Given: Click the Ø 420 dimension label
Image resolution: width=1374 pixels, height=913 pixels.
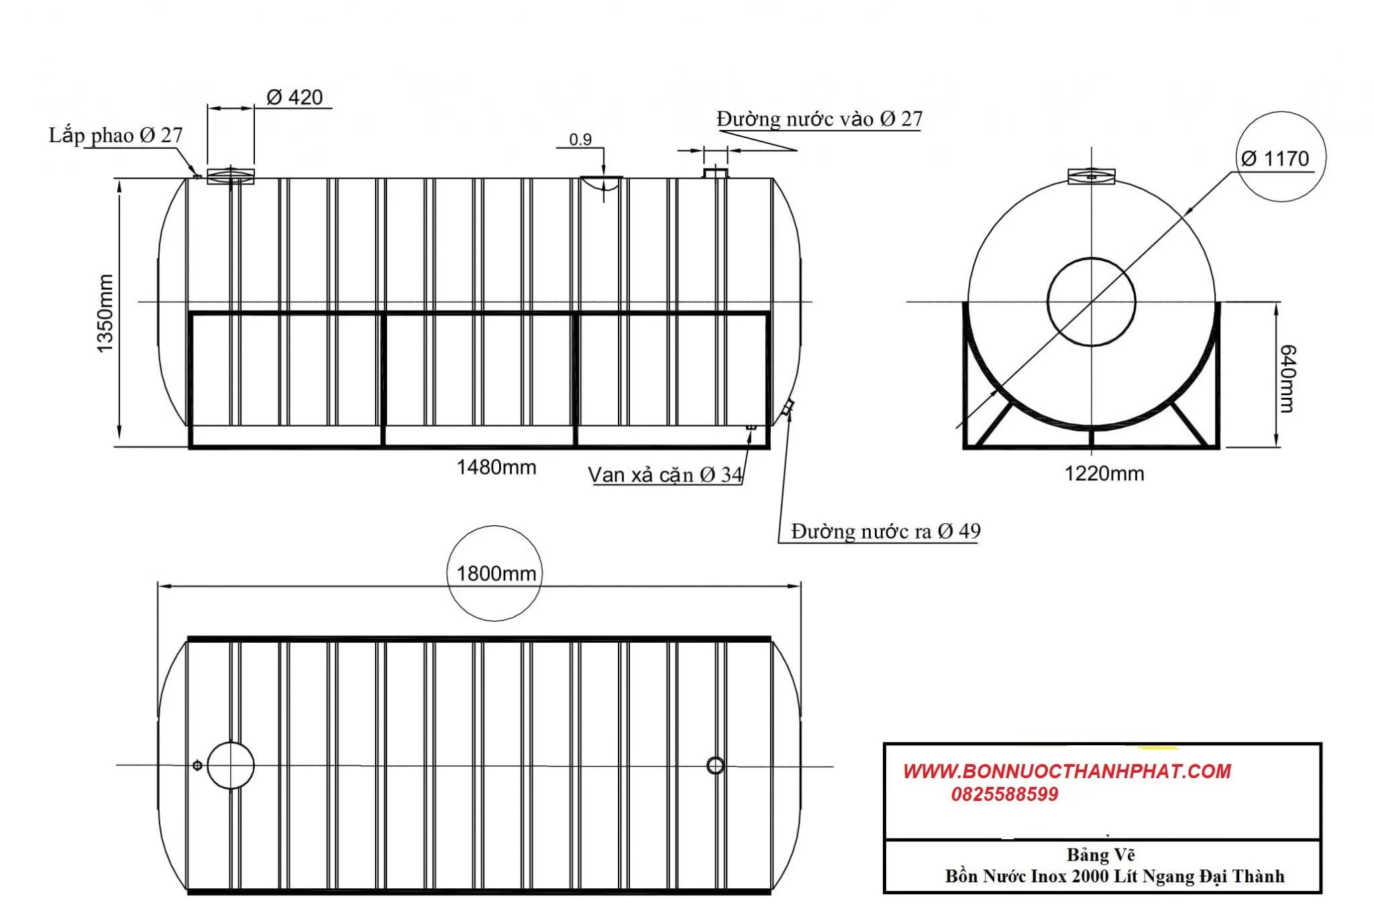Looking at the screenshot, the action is [295, 97].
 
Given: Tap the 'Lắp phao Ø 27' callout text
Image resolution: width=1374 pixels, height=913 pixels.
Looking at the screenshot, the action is [115, 135].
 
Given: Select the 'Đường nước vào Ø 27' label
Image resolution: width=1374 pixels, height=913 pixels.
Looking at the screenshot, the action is [819, 119].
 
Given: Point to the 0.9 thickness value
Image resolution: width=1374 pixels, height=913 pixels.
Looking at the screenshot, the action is [580, 140].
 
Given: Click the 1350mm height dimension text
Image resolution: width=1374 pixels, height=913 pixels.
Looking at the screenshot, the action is [105, 313].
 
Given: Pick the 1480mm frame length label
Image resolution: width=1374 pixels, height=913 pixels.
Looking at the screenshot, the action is [496, 467].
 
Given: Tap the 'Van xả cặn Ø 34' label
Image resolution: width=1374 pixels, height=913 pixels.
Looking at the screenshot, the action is [665, 475].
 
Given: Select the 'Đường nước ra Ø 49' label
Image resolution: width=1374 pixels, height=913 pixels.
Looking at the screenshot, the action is [886, 531].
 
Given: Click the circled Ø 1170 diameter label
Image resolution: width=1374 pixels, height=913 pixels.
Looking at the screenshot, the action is [1275, 158].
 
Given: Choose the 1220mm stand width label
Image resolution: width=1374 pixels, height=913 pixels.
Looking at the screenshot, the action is [1104, 474].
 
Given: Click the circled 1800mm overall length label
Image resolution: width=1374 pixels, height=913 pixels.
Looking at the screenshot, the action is [496, 574].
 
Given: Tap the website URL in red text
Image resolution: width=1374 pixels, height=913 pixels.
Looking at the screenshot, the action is [1067, 771].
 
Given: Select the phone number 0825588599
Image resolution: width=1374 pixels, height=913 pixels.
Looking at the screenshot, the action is [1004, 795].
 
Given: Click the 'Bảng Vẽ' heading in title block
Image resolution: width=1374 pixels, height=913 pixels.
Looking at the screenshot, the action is [1101, 855].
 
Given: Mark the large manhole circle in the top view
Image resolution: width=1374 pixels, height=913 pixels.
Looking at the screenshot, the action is [231, 765].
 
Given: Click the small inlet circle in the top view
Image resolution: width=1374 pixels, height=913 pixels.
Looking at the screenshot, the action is [716, 765].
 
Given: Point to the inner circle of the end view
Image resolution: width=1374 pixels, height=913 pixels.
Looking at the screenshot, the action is [1092, 302].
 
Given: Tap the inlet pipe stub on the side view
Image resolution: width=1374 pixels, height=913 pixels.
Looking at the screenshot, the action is [715, 173].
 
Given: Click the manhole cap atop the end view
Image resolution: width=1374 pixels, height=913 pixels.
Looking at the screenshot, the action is [1092, 176].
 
